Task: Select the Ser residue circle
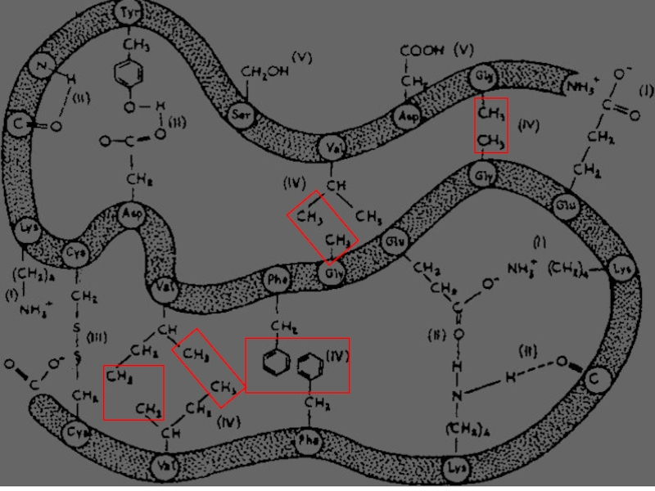[241, 114]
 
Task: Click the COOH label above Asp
[422, 52]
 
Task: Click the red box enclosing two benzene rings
[298, 365]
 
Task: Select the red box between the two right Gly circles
[492, 125]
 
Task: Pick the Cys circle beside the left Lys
[75, 251]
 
